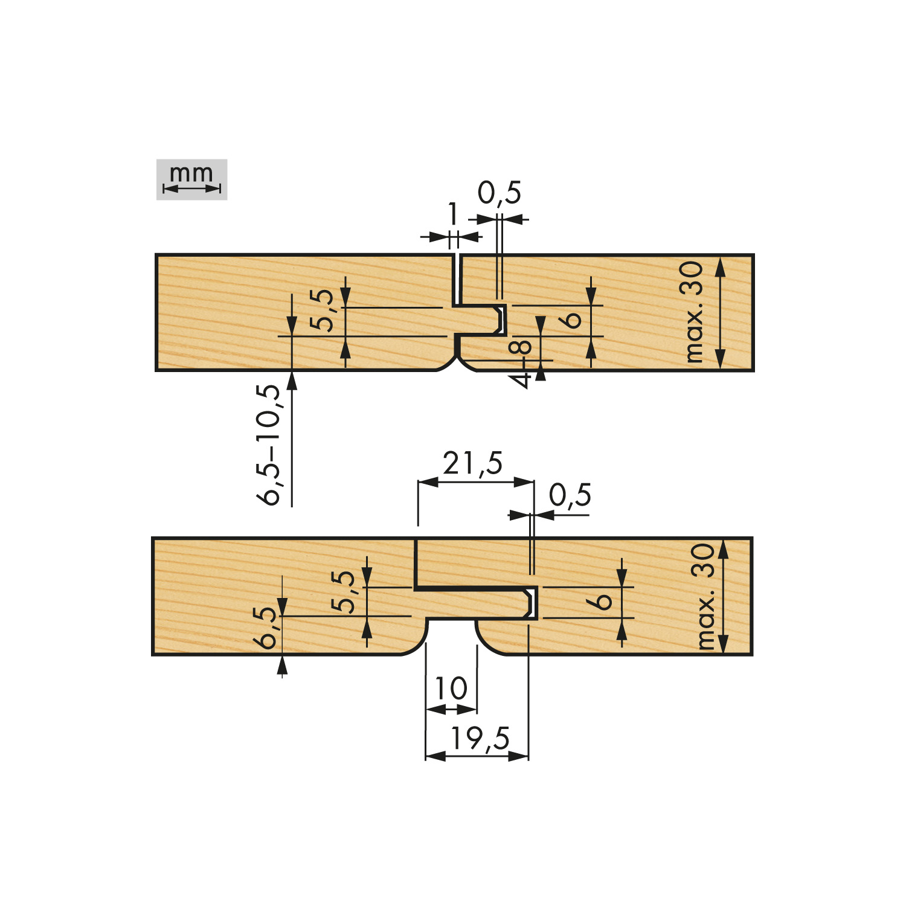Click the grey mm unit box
pyautogui.click(x=191, y=179)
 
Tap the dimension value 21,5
pyautogui.click(x=472, y=464)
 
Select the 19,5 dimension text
pyautogui.click(x=481, y=739)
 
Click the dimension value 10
pyautogui.click(x=451, y=689)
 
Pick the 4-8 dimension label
pyautogui.click(x=520, y=364)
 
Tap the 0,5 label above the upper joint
pyautogui.click(x=500, y=193)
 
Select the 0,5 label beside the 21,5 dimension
pyautogui.click(x=570, y=495)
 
